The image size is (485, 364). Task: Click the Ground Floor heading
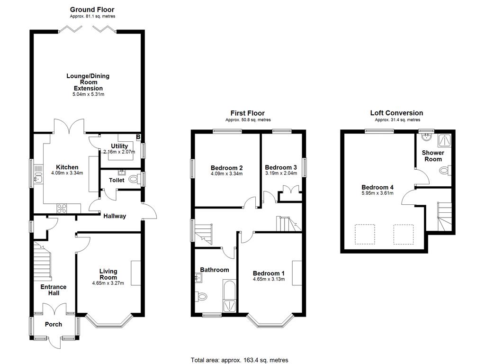click(92, 9)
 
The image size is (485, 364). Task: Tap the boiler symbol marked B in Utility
click(138, 136)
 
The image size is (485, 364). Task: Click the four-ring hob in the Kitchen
click(62, 209)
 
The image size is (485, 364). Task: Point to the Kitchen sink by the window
click(38, 175)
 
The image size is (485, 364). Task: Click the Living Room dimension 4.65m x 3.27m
click(108, 283)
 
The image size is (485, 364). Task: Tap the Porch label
click(54, 324)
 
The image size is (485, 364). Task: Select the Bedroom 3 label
click(281, 167)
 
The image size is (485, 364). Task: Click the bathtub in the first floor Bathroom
click(230, 296)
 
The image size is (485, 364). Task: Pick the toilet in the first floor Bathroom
click(201, 297)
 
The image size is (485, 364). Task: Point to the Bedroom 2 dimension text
click(227, 173)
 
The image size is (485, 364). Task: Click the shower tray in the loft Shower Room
click(444, 140)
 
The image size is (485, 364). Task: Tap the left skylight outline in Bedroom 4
click(365, 234)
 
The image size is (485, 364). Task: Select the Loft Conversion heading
click(396, 113)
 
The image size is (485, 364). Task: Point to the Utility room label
click(119, 146)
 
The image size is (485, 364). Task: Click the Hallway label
click(115, 216)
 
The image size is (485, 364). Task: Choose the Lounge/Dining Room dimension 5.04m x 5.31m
click(89, 94)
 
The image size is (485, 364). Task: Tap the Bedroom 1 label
click(269, 273)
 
